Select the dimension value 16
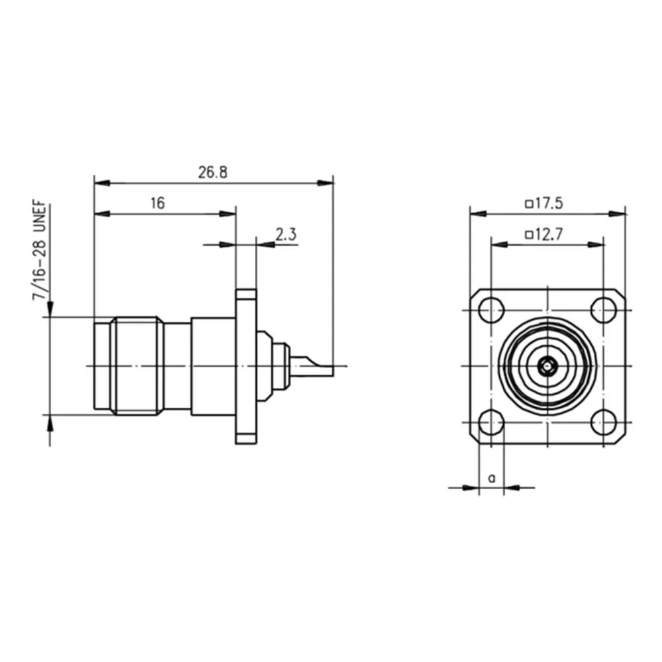(157, 203)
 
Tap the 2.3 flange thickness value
(285, 234)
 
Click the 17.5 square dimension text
(549, 204)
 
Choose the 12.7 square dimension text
(549, 234)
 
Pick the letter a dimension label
(491, 477)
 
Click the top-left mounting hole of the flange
(491, 308)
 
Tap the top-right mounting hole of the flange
(604, 308)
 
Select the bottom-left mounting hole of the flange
(491, 422)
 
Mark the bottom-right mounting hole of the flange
(604, 422)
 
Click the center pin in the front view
(547, 365)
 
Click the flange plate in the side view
(246, 365)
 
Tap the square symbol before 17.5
(528, 205)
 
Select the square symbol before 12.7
(528, 235)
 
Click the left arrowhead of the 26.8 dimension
(99, 183)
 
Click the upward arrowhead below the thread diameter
(50, 422)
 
